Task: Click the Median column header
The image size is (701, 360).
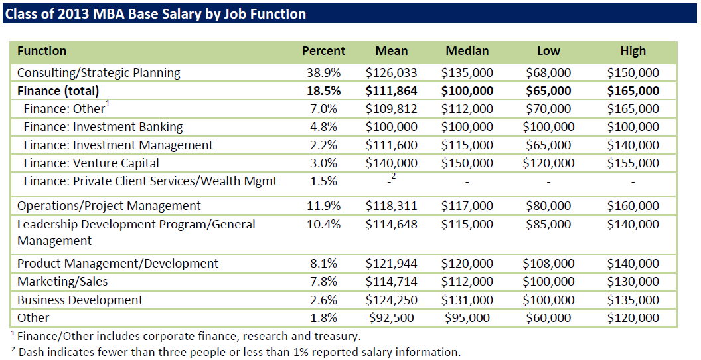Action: tap(467, 51)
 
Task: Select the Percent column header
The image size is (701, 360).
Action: tap(323, 51)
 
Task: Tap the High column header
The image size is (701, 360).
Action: tap(633, 51)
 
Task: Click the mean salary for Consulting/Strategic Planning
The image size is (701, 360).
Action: tap(392, 73)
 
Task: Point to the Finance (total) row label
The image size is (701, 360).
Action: tap(58, 91)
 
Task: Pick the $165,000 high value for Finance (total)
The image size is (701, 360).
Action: tap(633, 91)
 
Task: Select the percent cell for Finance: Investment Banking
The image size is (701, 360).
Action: tap(323, 127)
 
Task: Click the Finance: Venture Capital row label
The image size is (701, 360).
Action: tap(91, 163)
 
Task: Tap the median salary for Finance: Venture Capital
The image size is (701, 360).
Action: tap(467, 163)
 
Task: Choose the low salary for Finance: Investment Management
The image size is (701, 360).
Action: tap(548, 145)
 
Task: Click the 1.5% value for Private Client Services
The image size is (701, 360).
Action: tap(323, 181)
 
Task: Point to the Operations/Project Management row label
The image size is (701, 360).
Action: tap(109, 206)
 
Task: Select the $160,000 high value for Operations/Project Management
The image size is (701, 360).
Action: tap(633, 206)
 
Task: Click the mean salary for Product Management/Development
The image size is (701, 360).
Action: tap(392, 264)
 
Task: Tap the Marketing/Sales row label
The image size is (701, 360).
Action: tap(62, 282)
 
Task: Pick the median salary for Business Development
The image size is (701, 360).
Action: tap(467, 300)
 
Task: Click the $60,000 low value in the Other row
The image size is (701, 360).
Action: tap(548, 318)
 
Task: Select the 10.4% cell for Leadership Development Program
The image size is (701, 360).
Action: tap(323, 225)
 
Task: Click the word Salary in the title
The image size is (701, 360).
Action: tap(161, 13)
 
